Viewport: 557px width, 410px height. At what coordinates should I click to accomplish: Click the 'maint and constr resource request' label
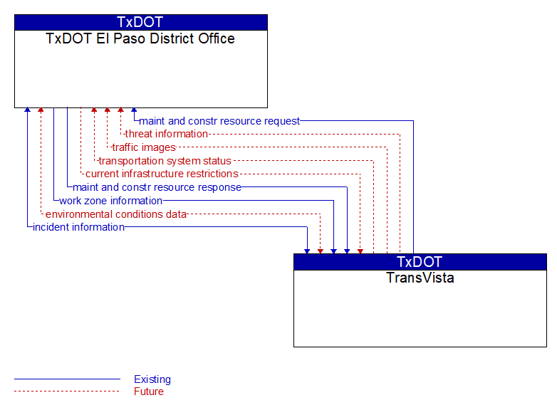(x=219, y=121)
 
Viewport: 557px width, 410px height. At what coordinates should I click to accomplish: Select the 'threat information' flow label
(x=166, y=134)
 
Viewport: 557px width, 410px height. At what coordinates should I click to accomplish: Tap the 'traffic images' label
(x=144, y=147)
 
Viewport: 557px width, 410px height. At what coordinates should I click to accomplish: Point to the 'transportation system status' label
(x=165, y=161)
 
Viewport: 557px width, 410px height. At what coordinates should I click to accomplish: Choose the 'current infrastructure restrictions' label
(x=162, y=174)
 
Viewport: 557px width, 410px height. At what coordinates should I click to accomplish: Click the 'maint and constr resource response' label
(x=157, y=187)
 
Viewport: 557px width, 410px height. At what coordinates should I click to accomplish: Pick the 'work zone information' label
(x=111, y=201)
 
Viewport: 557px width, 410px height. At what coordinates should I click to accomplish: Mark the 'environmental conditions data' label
(x=116, y=214)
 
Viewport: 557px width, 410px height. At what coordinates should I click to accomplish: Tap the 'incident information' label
(x=78, y=227)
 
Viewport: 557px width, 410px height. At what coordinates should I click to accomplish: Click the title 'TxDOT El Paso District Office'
(x=140, y=38)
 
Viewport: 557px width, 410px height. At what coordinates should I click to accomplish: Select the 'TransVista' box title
(x=420, y=278)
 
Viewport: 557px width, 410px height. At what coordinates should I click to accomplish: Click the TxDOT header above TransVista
(x=420, y=262)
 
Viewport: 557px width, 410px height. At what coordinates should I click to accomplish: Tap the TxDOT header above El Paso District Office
(x=140, y=22)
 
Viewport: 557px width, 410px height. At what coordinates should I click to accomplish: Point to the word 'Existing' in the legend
(x=152, y=379)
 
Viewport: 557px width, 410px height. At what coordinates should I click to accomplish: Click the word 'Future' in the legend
(x=149, y=391)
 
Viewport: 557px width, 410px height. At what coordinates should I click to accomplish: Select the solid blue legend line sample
(x=67, y=379)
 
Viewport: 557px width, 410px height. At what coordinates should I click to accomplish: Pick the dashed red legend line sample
(x=67, y=391)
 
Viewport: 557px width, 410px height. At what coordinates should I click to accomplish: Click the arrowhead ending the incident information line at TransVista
(x=307, y=251)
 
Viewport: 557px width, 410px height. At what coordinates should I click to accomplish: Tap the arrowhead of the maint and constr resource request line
(x=134, y=110)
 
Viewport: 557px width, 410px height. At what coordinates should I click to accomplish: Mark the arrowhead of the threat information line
(x=121, y=110)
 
